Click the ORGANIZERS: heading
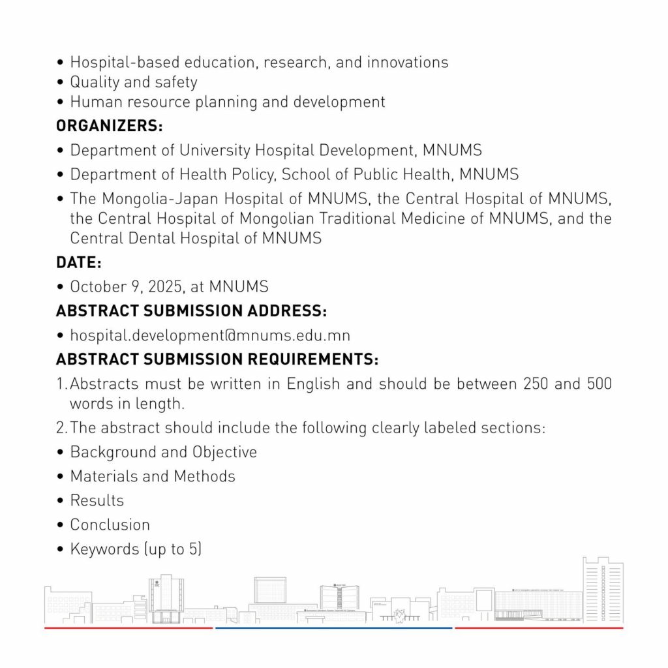[110, 126]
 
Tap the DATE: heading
[79, 263]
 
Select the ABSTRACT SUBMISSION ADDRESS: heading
[191, 311]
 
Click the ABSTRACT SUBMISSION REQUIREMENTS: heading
[217, 359]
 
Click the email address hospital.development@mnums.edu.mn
[210, 336]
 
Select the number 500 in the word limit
[600, 384]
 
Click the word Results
[97, 500]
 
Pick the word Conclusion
[110, 524]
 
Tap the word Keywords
[105, 549]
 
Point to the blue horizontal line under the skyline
[333, 628]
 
